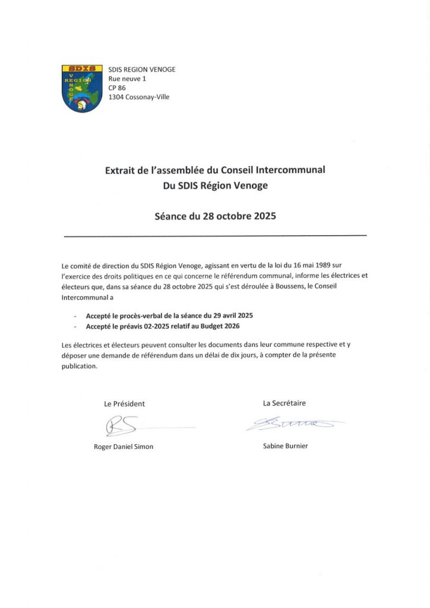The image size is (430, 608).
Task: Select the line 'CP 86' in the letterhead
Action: [x=117, y=88]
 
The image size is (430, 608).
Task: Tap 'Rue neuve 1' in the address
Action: [x=127, y=79]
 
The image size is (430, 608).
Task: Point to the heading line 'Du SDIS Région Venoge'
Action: [x=215, y=185]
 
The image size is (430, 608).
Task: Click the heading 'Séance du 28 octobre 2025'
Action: [x=215, y=217]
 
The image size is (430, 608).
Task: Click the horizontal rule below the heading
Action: [x=215, y=236]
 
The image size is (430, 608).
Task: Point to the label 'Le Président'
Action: [x=124, y=404]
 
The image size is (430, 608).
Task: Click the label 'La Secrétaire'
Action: [x=284, y=403]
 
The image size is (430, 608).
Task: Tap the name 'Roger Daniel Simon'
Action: [x=124, y=446]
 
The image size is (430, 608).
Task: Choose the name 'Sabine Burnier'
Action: [x=285, y=446]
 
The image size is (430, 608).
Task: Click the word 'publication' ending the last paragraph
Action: [x=78, y=366]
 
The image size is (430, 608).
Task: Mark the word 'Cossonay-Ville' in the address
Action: [x=147, y=97]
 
